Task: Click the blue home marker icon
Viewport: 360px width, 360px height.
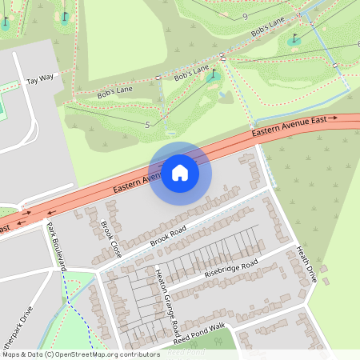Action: point(180,172)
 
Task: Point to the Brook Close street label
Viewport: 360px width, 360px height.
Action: point(110,238)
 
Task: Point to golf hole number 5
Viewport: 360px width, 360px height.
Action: point(147,125)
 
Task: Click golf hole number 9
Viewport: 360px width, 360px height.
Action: point(244,16)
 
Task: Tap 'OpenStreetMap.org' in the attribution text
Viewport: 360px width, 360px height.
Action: point(82,354)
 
